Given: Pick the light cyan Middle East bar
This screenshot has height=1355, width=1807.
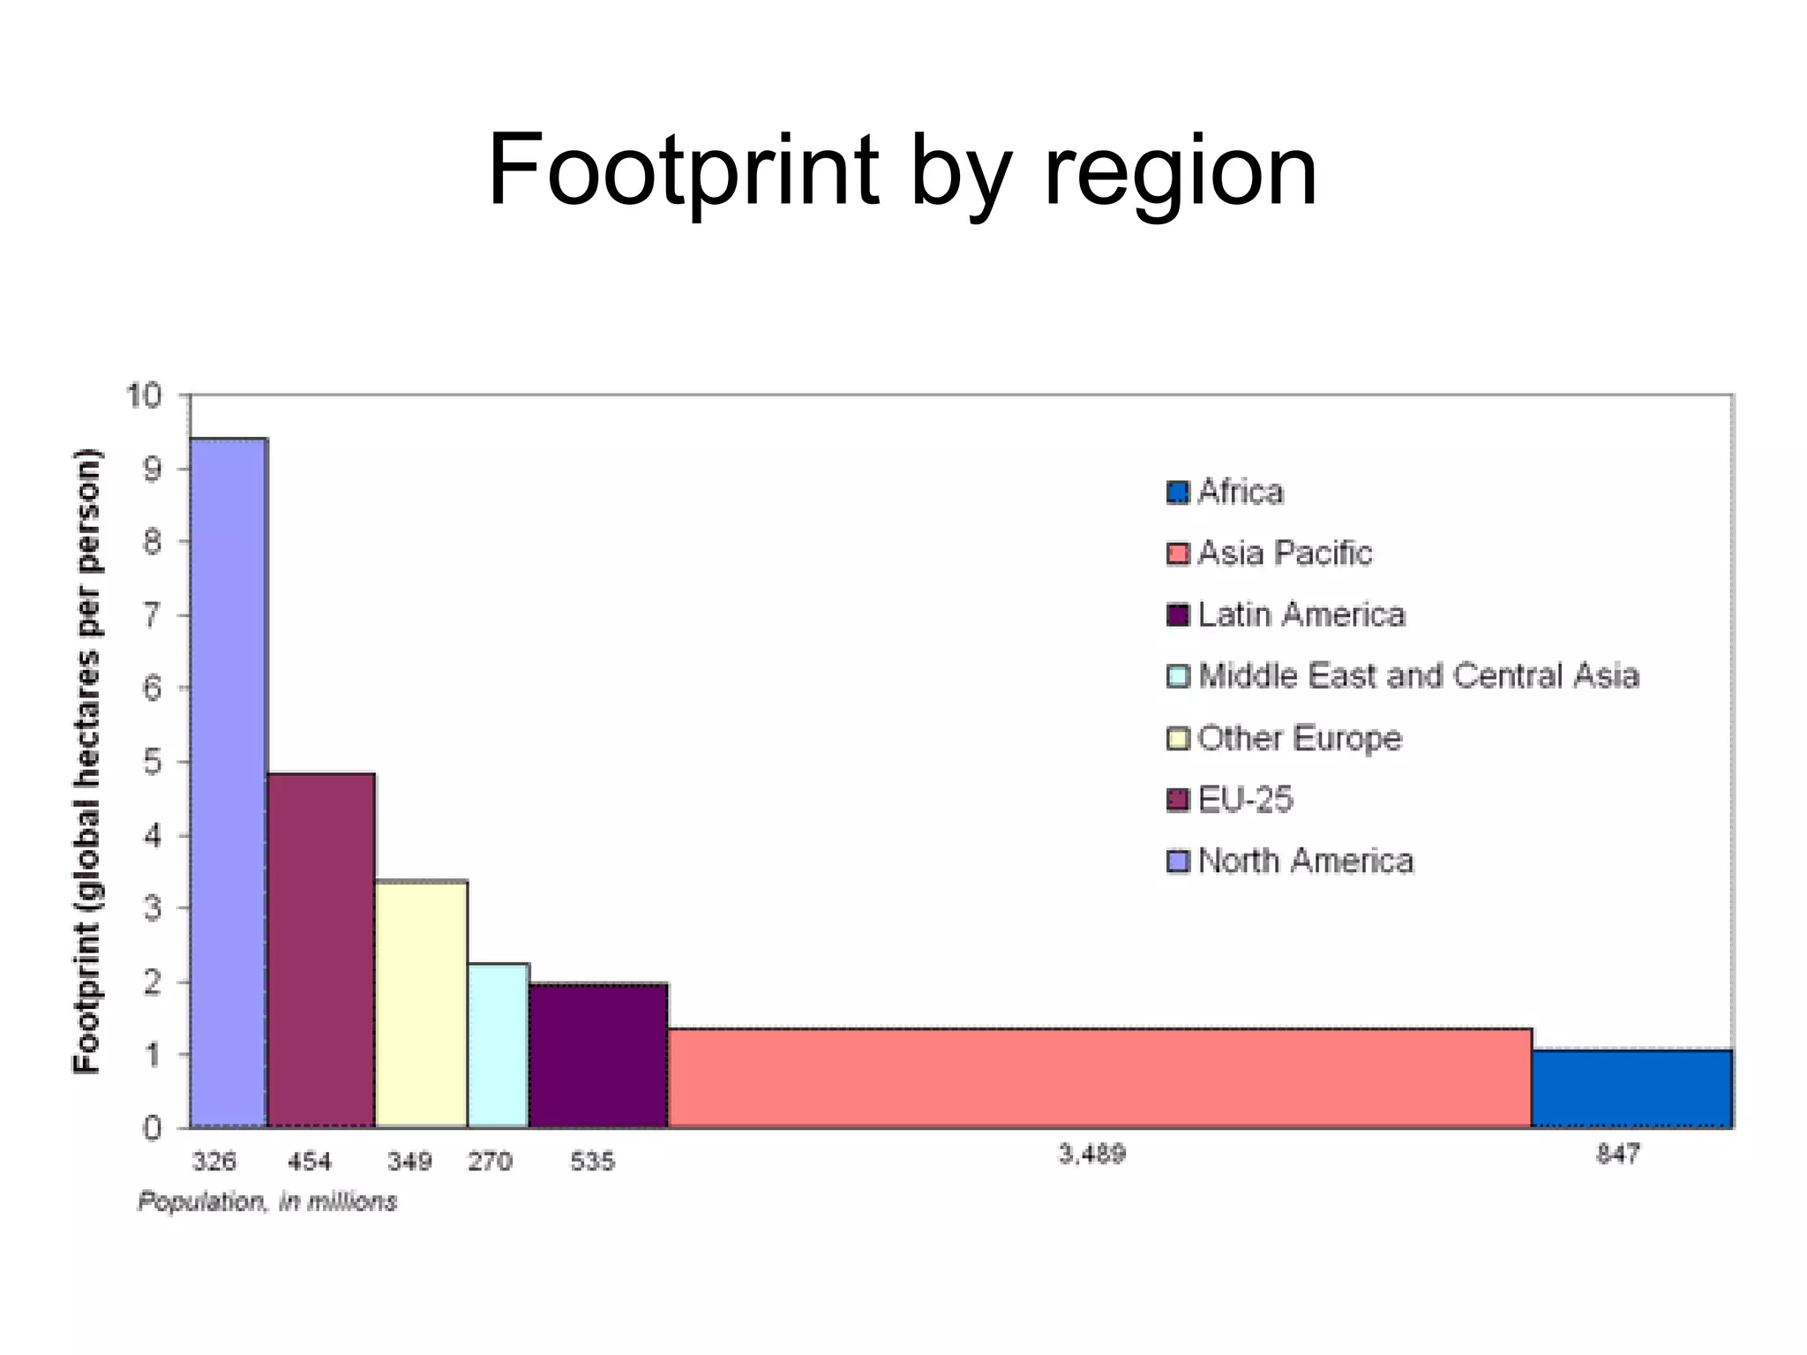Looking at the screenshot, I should click(498, 1045).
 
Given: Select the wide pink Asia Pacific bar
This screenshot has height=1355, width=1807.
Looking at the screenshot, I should click(1098, 1078).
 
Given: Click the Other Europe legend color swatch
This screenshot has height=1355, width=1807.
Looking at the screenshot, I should click(1178, 738).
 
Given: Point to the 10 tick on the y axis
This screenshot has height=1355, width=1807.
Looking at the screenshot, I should click(145, 395).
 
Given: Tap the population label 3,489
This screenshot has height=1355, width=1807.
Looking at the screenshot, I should click(1091, 1154).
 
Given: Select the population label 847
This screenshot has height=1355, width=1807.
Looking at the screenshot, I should click(1617, 1154).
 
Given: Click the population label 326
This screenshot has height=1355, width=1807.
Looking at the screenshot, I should click(214, 1161).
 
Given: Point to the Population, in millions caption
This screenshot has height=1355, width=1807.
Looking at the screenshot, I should click(267, 1201).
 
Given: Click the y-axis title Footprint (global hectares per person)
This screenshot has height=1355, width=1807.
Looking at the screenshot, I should click(86, 761).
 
